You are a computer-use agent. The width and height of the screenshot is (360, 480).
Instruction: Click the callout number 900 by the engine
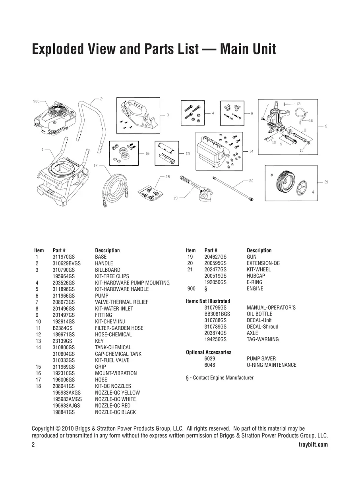(x=36, y=101)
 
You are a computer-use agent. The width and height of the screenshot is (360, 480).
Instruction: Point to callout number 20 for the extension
(x=251, y=181)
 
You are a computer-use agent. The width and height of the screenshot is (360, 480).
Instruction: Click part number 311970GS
(x=64, y=257)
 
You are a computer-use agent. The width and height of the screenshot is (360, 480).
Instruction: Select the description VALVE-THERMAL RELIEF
(x=122, y=302)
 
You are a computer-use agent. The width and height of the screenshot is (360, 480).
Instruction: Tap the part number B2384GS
(x=62, y=328)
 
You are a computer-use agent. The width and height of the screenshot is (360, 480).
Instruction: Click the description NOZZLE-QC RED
(x=113, y=406)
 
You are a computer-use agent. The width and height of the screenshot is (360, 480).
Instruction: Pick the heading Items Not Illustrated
(x=208, y=301)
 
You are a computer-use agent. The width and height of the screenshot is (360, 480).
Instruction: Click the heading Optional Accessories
(x=209, y=352)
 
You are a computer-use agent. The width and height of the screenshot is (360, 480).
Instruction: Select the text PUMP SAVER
(x=261, y=358)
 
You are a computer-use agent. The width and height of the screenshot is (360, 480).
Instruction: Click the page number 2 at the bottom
(x=33, y=445)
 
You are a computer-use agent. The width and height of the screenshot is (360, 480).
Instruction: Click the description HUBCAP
(x=256, y=276)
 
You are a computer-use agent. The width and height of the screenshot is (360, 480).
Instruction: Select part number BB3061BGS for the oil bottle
(x=217, y=314)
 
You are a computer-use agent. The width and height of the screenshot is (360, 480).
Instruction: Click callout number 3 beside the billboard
(x=168, y=115)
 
